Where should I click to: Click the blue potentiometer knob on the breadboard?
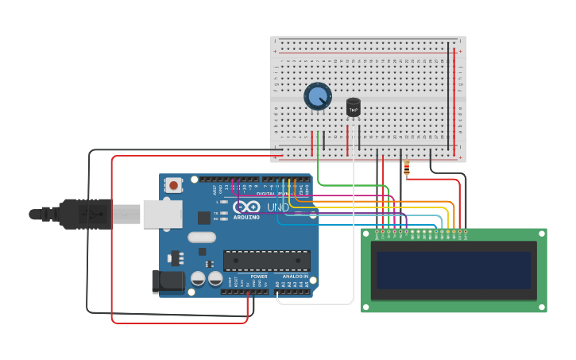point(317,97)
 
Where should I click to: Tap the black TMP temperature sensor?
point(354,107)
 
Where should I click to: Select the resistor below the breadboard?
point(407,168)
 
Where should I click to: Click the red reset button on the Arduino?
point(173,186)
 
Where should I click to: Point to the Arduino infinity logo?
point(246,207)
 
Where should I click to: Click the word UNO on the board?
point(278,207)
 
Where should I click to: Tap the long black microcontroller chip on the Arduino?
point(266,261)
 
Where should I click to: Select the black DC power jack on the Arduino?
point(168,281)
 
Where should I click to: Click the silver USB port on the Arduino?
point(162,214)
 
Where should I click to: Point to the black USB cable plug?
point(87,214)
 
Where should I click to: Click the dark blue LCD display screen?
point(454,270)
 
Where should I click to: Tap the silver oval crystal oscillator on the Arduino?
point(202,237)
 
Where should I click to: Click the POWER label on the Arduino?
point(259,277)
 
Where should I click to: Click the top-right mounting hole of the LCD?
point(542,234)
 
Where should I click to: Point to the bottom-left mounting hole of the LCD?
point(366,307)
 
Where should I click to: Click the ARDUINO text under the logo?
point(246,217)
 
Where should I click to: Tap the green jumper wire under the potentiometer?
point(318,155)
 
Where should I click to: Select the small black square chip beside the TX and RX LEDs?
point(204,217)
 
